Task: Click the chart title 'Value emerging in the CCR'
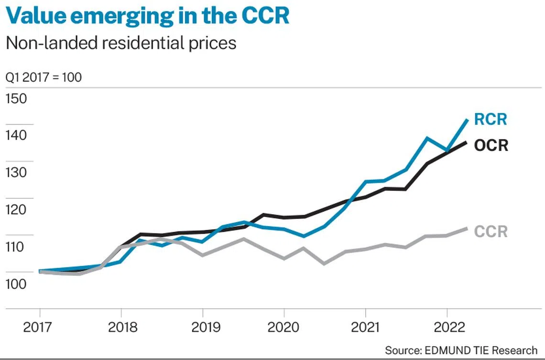[148, 15]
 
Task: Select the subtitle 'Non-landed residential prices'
[120, 43]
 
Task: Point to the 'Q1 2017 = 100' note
[44, 77]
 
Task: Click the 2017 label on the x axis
[39, 327]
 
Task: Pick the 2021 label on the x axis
[366, 327]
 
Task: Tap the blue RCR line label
[490, 120]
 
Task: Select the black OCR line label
[491, 145]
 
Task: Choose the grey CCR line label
[490, 232]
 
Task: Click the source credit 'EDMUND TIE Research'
[461, 350]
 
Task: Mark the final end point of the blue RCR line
[467, 120]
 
